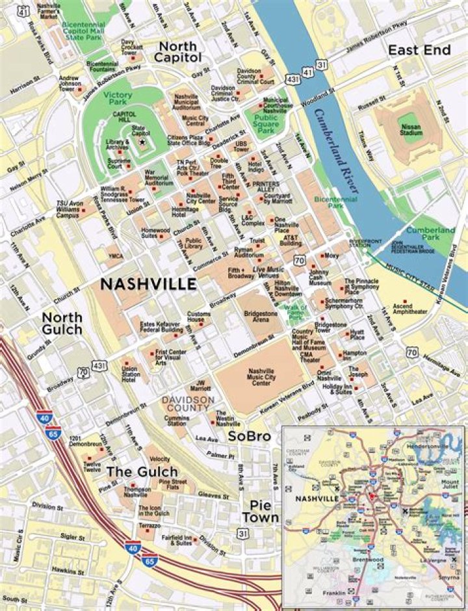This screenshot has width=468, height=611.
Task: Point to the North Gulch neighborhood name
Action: [62, 323]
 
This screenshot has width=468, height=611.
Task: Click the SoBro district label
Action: [249, 437]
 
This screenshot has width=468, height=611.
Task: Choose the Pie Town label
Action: [260, 511]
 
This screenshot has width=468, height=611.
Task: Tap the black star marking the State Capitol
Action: [142, 140]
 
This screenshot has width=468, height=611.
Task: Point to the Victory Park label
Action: [117, 99]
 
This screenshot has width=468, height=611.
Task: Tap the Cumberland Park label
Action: [430, 234]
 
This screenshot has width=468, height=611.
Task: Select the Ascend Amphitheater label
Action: [410, 308]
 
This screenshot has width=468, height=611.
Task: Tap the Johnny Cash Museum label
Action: [320, 279]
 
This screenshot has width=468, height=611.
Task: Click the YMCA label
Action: [116, 256]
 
